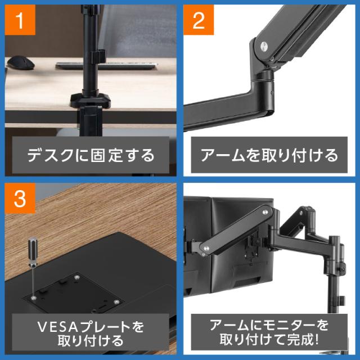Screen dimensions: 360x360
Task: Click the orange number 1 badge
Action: [20, 20]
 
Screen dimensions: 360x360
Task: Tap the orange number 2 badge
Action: [199, 20]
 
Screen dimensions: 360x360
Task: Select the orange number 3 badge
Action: [20, 199]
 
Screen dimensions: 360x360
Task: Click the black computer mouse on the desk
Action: [21, 62]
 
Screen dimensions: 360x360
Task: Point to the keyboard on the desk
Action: [106, 66]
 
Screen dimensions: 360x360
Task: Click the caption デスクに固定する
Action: [91, 155]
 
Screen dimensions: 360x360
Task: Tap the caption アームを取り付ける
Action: [269, 155]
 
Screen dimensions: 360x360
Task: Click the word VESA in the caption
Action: [58, 327]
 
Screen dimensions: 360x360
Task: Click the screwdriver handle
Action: [33, 251]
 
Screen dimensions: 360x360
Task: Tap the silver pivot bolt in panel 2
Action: [264, 46]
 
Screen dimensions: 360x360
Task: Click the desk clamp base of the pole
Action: [91, 101]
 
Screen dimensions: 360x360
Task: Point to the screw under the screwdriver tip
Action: [34, 298]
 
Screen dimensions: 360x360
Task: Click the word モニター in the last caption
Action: [289, 325]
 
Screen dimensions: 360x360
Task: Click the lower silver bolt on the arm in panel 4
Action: [206, 248]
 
